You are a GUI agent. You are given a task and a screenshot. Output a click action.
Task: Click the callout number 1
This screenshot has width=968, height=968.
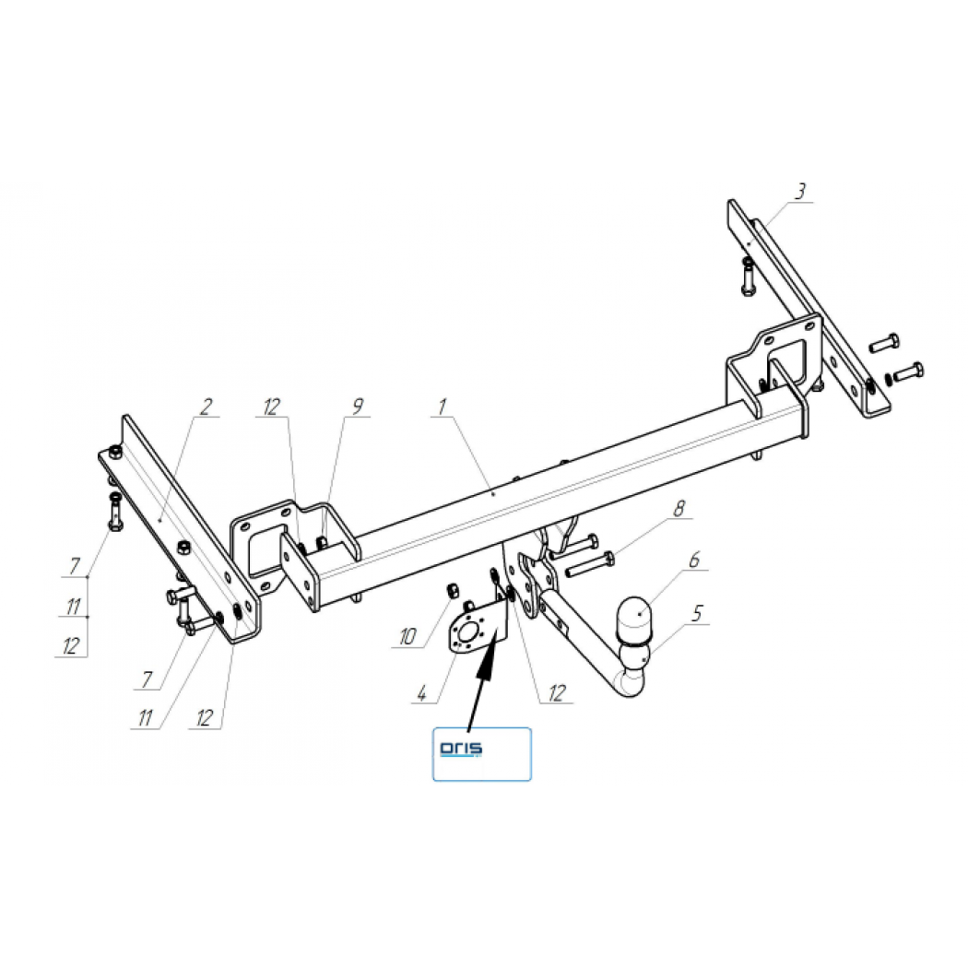(442, 407)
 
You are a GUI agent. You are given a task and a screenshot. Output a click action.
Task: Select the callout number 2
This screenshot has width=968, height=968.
(207, 407)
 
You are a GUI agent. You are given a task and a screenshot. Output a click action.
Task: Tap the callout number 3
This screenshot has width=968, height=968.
(801, 192)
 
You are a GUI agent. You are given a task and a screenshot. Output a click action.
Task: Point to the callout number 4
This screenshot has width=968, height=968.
(421, 693)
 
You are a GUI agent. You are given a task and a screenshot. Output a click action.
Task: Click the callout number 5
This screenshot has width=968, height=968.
(697, 614)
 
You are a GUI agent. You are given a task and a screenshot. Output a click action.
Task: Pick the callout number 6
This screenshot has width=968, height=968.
(694, 560)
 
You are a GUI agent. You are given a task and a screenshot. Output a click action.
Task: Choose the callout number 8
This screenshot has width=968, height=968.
(679, 509)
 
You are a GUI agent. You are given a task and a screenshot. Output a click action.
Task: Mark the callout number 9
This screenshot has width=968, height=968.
(358, 407)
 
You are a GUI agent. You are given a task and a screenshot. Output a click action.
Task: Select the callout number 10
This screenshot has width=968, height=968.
(407, 636)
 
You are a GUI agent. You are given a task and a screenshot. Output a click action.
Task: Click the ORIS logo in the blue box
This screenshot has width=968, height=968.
(461, 749)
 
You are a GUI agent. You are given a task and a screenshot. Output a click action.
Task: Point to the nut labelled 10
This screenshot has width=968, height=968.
(452, 590)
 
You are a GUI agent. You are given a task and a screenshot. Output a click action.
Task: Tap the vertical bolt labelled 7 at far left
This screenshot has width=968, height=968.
(115, 511)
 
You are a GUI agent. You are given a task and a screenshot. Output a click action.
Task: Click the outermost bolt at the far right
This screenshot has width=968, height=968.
(908, 372)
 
